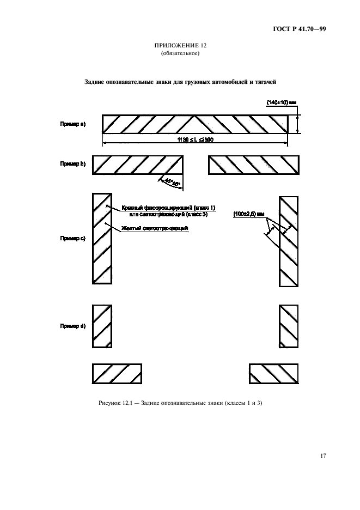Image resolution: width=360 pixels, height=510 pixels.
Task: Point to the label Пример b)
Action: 72,163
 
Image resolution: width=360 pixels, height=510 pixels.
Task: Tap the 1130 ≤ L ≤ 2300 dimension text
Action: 195,140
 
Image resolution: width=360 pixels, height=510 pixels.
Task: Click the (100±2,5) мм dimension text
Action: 248,214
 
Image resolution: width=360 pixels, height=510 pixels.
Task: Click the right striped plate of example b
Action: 254,165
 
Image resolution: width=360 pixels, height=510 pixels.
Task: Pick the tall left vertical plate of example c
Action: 102,238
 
